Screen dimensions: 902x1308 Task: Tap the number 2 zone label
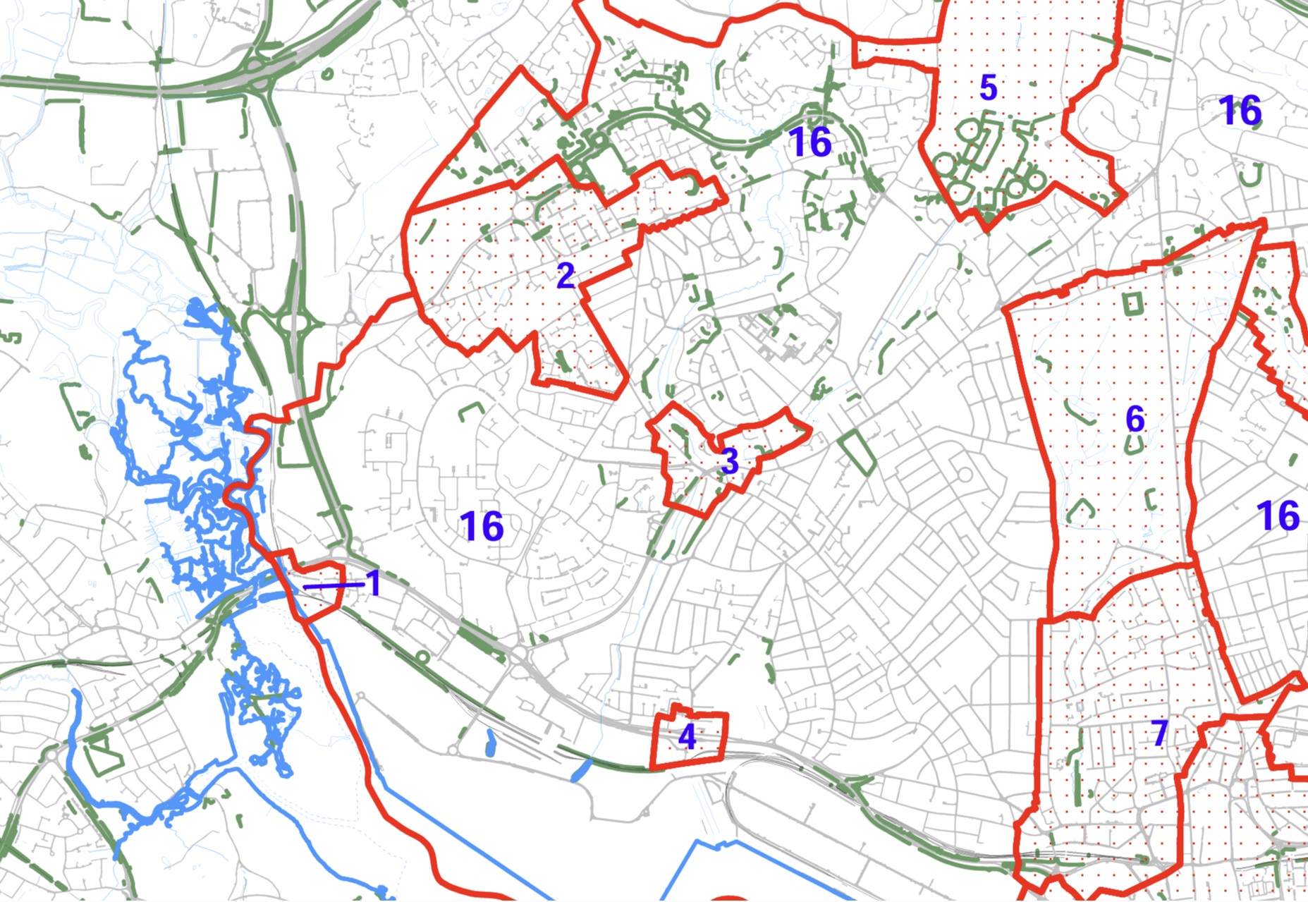(566, 276)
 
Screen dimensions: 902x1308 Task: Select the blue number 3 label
(730, 461)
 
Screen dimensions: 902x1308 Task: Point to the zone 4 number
(687, 737)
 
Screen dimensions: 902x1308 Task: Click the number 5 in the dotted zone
(989, 88)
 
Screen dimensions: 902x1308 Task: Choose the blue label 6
(1135, 419)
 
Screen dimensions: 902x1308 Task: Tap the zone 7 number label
(1160, 733)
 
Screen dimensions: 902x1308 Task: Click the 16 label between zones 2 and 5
(811, 142)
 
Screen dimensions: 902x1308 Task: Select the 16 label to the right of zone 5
(1240, 111)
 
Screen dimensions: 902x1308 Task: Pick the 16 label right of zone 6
(1278, 516)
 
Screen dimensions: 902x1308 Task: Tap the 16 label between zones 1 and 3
(482, 526)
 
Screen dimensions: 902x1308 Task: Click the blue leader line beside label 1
(333, 585)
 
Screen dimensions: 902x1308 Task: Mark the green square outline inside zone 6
(1132, 304)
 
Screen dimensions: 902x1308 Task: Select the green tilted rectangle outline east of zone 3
(857, 452)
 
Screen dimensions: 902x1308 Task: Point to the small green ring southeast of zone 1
(422, 658)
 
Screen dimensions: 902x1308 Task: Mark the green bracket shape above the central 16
(470, 411)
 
